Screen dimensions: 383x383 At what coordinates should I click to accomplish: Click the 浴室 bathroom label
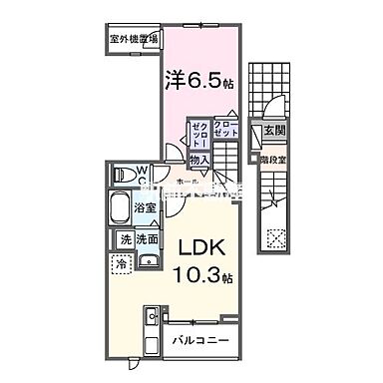click(x=147, y=207)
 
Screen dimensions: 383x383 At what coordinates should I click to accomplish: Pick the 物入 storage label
click(x=198, y=158)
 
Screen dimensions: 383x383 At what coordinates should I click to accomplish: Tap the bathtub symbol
click(x=120, y=208)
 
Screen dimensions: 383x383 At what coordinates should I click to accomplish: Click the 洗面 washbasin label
click(x=149, y=239)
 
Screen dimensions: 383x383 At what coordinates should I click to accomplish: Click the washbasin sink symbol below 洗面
click(x=150, y=261)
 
